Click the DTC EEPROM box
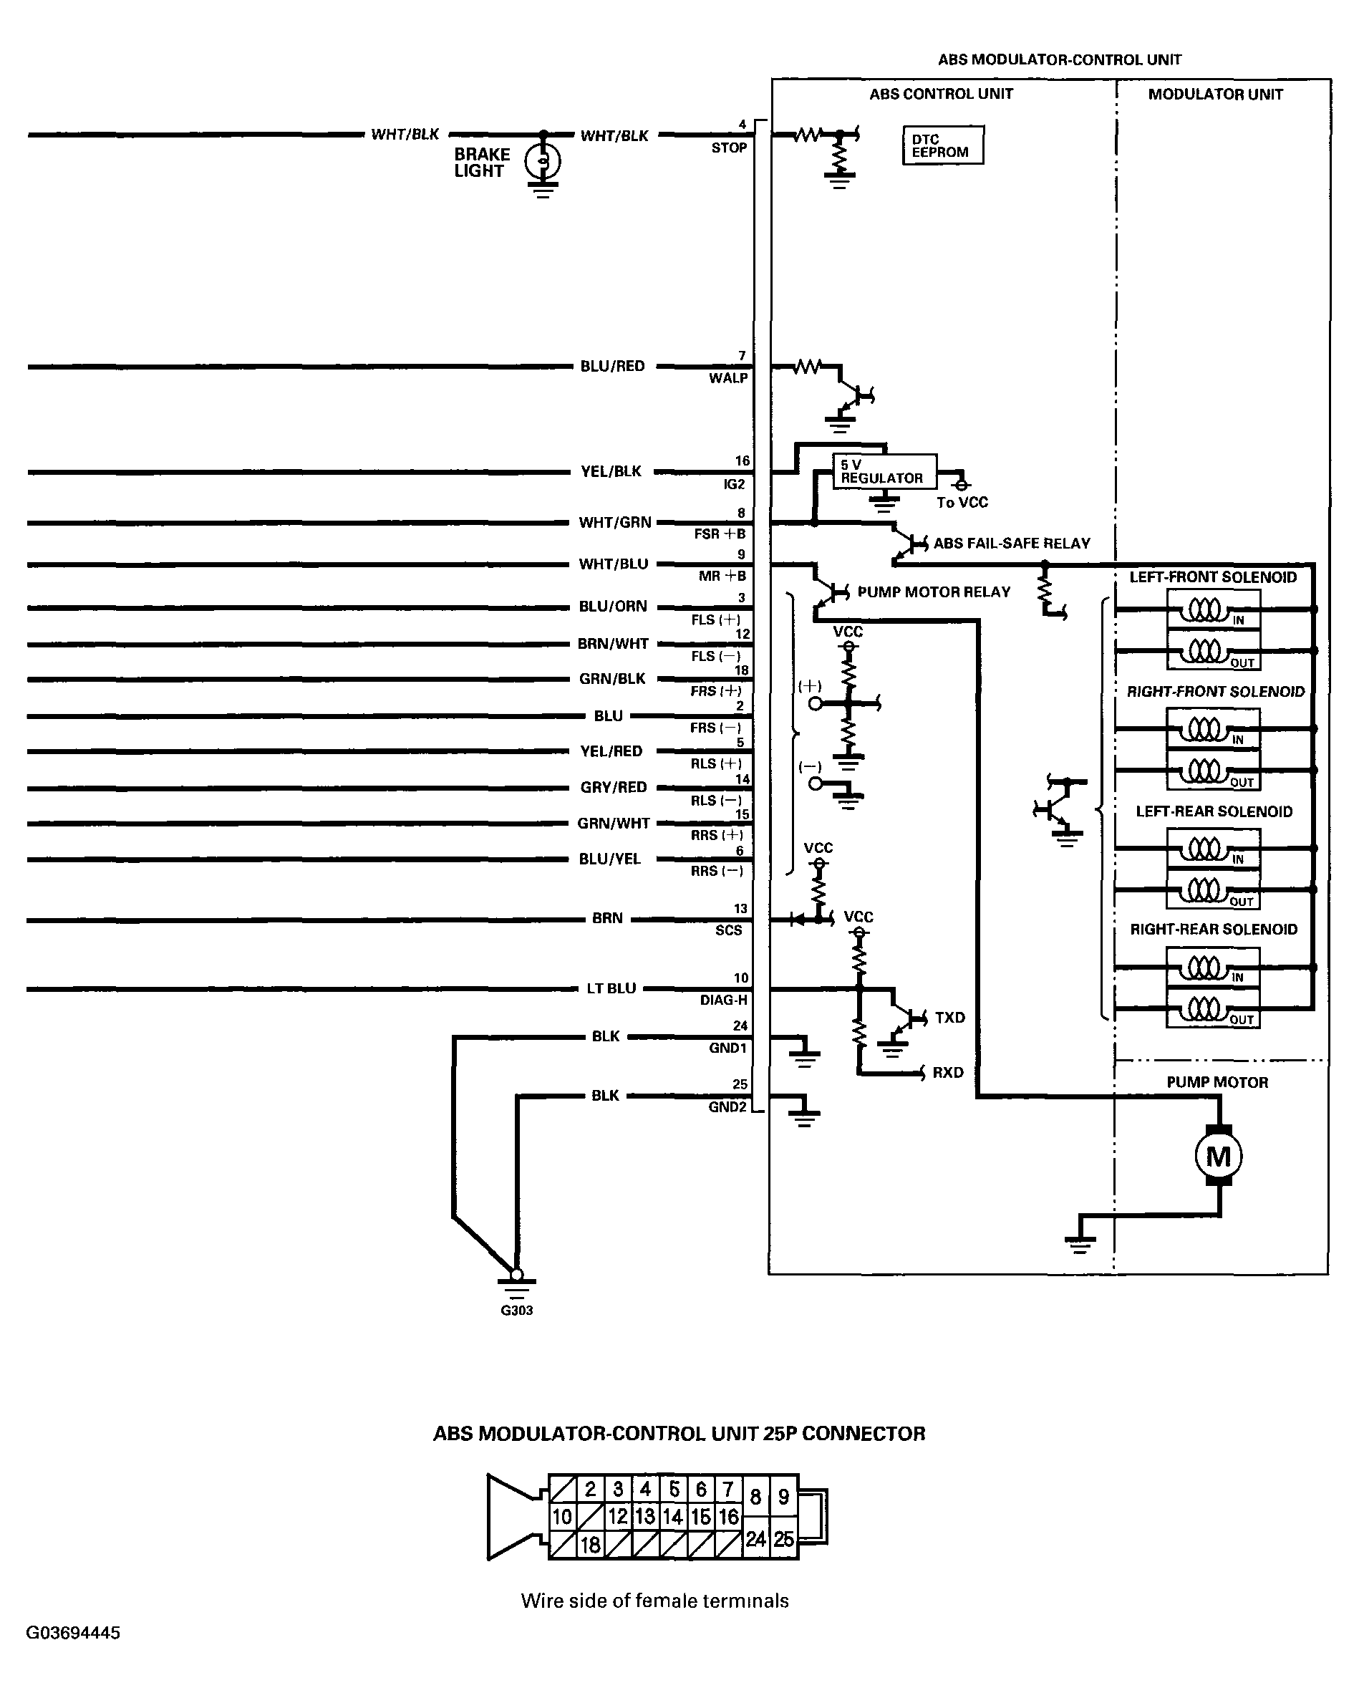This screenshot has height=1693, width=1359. tap(942, 145)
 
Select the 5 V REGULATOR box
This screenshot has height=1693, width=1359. tap(884, 471)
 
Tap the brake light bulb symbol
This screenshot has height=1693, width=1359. tap(543, 162)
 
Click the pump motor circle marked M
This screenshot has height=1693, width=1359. tap(1218, 1156)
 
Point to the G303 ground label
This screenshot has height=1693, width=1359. tap(516, 1311)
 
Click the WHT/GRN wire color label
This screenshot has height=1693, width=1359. tap(615, 522)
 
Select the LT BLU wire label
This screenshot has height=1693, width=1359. tap(611, 988)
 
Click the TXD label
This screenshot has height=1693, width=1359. tap(949, 1018)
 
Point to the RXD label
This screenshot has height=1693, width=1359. tap(947, 1073)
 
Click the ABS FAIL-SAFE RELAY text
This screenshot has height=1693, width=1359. tap(1011, 544)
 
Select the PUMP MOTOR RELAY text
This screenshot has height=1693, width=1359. tap(934, 592)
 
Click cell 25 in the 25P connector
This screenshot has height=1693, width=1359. tap(783, 1539)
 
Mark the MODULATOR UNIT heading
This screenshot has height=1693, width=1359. tap(1214, 95)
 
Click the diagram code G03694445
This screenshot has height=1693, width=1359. tap(73, 1633)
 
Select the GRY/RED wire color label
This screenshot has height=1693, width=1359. tap(613, 787)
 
